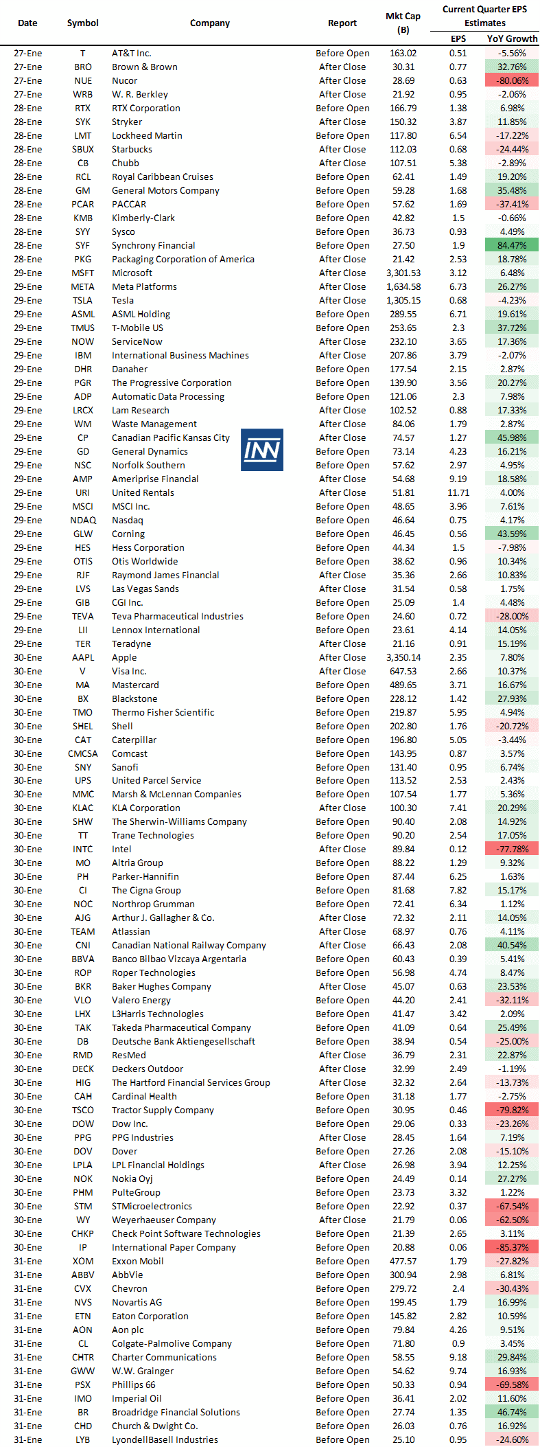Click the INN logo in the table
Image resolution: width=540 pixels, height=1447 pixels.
tap(262, 450)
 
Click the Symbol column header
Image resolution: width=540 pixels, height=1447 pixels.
tap(83, 23)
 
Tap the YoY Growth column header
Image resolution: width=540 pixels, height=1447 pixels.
tap(512, 38)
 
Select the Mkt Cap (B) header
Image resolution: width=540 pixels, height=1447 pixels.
tap(403, 23)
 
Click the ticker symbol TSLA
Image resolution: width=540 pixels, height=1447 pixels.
tap(83, 300)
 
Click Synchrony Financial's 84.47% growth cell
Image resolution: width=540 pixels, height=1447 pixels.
tap(512, 245)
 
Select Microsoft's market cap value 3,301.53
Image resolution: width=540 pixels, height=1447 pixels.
tap(403, 273)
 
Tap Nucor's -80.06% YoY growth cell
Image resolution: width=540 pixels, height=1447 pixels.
tap(512, 80)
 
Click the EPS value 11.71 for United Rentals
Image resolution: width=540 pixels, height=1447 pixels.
tap(458, 492)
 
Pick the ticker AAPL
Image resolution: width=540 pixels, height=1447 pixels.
tap(83, 657)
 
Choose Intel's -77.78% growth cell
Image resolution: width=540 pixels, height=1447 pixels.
tap(512, 849)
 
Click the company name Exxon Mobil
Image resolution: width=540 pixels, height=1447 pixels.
tap(137, 1261)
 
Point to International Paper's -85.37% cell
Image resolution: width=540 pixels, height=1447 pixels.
tap(512, 1247)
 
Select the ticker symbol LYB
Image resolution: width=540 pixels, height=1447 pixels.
tap(83, 1439)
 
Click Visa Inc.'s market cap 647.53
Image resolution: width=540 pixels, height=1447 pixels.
tap(403, 671)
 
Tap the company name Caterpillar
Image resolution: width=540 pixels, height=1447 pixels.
tap(134, 740)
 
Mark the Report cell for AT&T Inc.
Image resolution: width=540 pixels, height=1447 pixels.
tap(342, 53)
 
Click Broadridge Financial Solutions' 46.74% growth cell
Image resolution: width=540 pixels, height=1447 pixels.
tap(512, 1412)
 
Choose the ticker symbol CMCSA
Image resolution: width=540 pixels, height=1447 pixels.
tap(83, 753)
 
